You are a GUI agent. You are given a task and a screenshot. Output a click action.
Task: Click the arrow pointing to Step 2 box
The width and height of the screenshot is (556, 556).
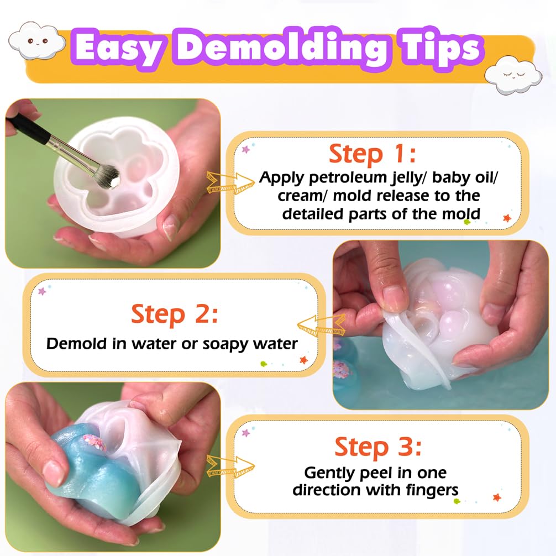click(321, 325)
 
